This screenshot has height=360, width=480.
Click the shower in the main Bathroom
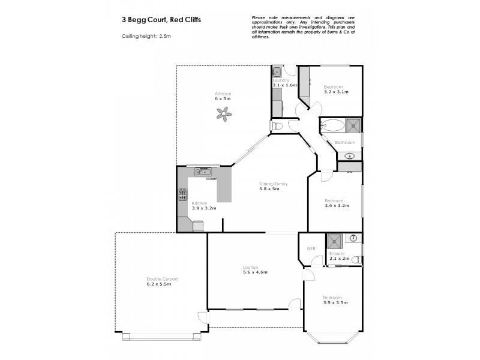click(354, 125)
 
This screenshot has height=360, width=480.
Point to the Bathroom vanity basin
click(350, 156)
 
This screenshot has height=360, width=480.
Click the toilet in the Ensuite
click(356, 260)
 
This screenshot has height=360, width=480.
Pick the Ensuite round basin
click(354, 238)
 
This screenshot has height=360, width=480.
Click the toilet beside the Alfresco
click(277, 126)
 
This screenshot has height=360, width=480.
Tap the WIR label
click(311, 248)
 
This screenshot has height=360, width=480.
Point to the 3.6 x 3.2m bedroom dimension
click(337, 206)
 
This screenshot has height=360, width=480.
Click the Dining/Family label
click(269, 184)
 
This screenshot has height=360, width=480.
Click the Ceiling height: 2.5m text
click(142, 37)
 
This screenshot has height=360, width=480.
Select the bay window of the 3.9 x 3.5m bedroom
click(334, 338)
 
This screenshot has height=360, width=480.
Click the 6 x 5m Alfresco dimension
click(223, 99)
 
